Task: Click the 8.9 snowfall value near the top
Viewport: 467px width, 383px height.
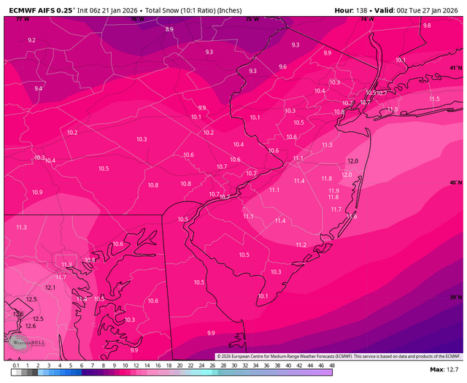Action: pos(169,29)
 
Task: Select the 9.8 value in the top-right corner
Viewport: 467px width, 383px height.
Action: pos(427,26)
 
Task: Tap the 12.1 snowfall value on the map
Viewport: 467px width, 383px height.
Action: pos(50,287)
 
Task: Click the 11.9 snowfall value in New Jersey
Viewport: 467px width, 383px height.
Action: pos(333,190)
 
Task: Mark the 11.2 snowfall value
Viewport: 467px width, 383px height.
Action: pos(301,245)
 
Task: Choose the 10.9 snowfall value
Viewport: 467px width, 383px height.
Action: pos(37,193)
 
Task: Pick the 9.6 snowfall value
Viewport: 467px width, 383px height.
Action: pos(282,66)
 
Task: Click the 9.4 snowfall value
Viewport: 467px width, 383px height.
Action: pos(39,88)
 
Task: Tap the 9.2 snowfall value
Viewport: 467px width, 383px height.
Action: pos(31,40)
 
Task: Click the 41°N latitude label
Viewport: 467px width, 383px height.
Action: pos(455,68)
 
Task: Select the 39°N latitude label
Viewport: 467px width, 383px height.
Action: pos(455,298)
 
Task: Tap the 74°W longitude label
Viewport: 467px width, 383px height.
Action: pos(366,19)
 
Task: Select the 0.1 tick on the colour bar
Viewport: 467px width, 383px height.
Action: pos(16,365)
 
